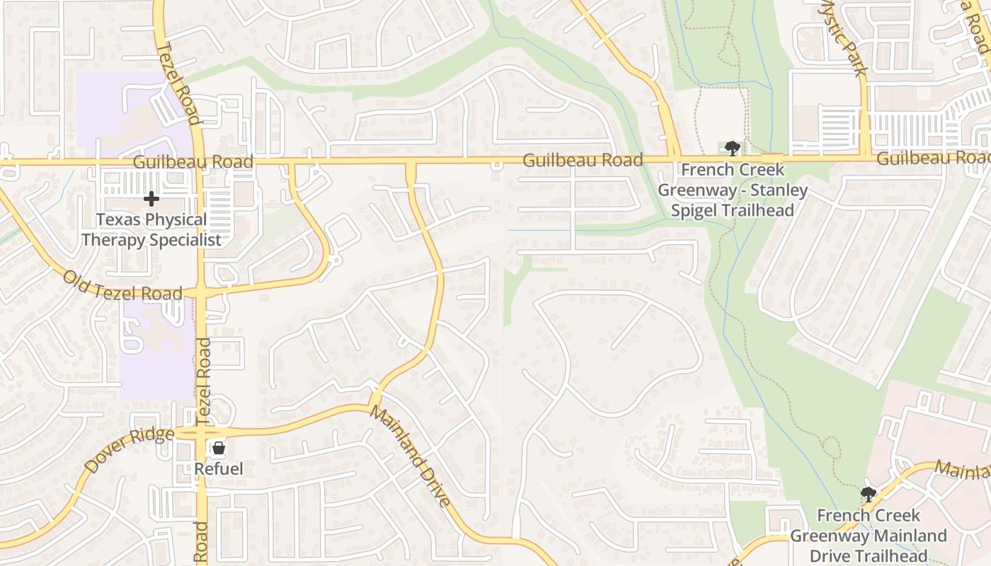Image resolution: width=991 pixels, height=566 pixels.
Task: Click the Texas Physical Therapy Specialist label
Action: [x=151, y=230]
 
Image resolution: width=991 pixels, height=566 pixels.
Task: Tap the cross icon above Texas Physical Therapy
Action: [x=151, y=199]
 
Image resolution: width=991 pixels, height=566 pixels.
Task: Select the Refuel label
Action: [x=219, y=468]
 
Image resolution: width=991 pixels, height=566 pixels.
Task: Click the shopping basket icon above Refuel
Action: [x=219, y=448]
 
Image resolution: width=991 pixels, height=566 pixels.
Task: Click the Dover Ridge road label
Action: [x=129, y=450]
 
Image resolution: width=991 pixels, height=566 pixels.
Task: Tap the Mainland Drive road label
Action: [x=410, y=457]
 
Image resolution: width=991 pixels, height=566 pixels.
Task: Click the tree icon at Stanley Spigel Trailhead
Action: [x=732, y=149]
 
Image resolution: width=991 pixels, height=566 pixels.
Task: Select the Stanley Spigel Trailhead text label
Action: [x=733, y=190]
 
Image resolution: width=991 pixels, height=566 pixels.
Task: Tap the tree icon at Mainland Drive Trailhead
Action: [x=868, y=493]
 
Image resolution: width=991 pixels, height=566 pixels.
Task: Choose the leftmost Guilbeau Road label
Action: [x=193, y=162]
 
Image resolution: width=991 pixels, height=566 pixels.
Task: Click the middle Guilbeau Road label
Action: [x=582, y=161]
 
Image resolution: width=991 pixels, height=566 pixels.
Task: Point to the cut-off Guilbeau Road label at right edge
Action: [x=933, y=158]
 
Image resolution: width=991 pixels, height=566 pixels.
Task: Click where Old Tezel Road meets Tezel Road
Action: [x=202, y=292]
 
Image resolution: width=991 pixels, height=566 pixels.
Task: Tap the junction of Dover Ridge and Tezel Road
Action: [x=202, y=432]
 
